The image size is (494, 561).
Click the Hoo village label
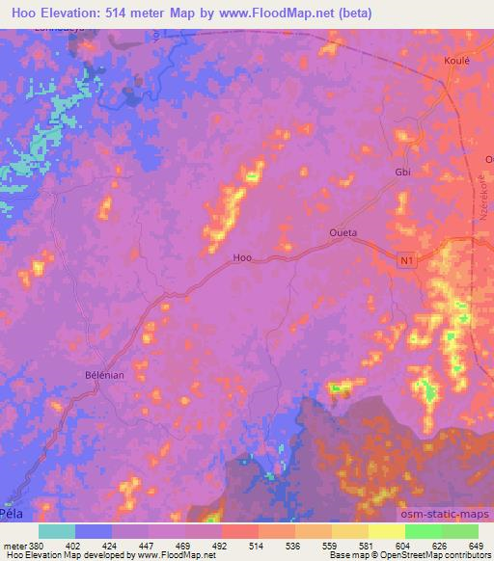pos(243,257)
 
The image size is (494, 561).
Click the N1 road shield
pos(409,259)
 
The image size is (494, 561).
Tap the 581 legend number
pos(368,546)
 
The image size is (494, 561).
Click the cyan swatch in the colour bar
pos(57,531)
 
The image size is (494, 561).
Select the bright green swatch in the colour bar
pos(423,531)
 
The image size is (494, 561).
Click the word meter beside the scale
pos(15,546)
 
